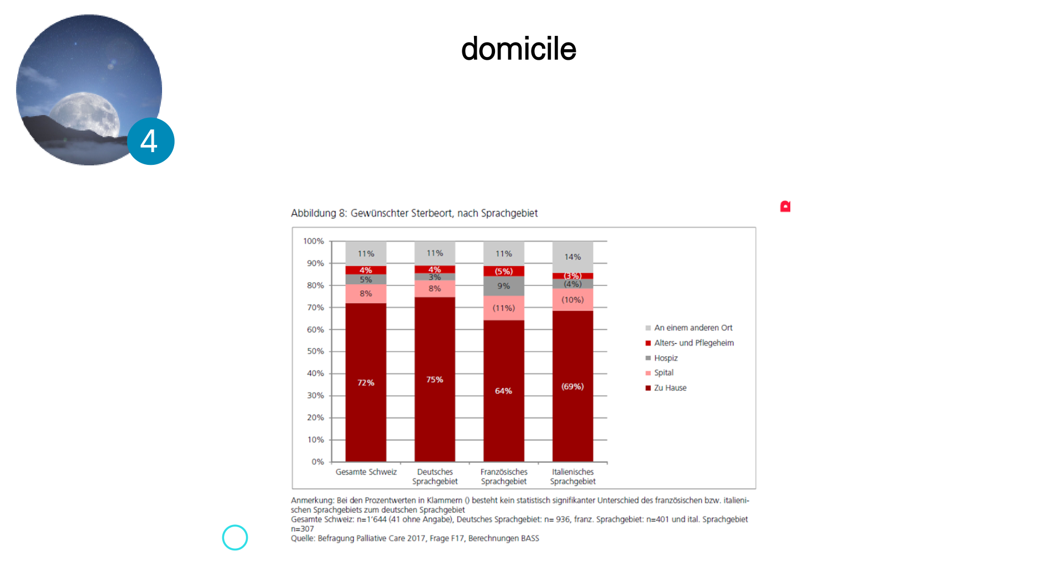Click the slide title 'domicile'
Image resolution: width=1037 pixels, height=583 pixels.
518,49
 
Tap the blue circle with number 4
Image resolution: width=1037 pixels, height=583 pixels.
150,141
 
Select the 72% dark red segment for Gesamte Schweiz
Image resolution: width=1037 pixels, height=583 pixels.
366,382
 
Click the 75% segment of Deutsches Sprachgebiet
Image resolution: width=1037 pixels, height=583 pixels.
435,379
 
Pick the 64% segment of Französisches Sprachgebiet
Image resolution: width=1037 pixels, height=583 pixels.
503,391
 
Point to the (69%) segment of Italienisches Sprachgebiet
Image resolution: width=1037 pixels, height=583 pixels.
572,386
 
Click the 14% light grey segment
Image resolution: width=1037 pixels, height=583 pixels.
572,257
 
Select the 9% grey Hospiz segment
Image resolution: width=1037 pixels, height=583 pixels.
503,286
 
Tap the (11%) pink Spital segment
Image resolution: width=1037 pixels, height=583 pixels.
503,308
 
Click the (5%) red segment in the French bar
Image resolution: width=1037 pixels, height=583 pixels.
503,271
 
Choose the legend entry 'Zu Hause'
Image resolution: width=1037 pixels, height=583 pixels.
666,388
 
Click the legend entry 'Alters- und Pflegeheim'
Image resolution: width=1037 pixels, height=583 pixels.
690,343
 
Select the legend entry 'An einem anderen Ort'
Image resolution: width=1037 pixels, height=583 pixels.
689,327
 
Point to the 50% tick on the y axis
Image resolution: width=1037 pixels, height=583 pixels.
315,351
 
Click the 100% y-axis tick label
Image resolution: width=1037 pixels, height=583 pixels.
314,241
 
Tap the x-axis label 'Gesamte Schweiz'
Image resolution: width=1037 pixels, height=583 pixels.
366,472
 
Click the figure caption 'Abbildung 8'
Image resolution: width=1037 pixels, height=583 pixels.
319,213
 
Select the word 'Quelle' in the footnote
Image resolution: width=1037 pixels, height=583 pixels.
303,538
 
